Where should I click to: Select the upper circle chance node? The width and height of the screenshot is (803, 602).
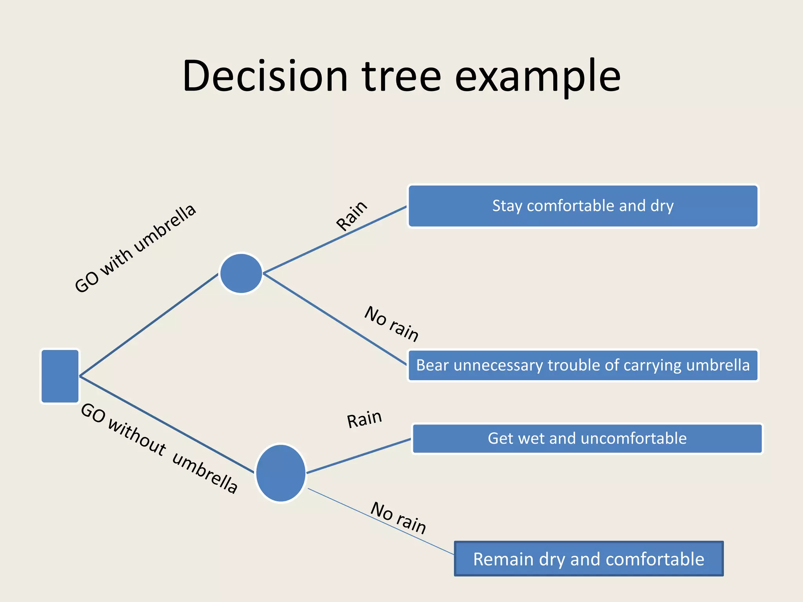point(241,273)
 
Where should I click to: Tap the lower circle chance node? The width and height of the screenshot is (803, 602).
point(281,473)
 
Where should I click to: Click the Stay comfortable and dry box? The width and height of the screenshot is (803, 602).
point(583,206)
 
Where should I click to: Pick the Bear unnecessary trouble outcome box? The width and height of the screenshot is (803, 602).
point(583,365)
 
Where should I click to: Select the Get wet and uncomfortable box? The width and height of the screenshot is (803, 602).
point(587,439)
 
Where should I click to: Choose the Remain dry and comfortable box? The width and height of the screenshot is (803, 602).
point(589,559)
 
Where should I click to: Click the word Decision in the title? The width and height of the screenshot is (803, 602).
point(265,76)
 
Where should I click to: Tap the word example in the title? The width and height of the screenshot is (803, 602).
point(538,77)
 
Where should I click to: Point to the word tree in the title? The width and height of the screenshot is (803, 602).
point(401,76)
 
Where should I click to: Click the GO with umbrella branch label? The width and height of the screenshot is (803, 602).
point(135,248)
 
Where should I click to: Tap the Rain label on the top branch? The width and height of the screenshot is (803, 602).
point(352,216)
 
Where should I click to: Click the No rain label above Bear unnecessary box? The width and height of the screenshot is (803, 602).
point(391,324)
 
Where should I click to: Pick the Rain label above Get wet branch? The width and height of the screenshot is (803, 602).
point(364,419)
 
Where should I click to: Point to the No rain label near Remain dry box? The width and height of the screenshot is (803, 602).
point(398,518)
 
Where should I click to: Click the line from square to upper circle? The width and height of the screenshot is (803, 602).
point(149,325)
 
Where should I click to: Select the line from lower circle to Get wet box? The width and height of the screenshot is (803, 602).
point(359,456)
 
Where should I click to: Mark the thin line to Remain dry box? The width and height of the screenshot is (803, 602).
point(380,521)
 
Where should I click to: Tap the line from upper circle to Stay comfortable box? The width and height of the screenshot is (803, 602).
point(335,240)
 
